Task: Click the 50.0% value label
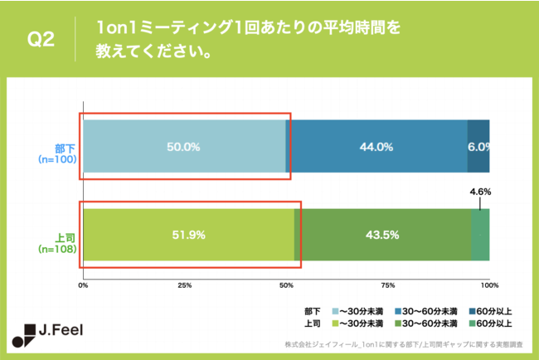point(183,147)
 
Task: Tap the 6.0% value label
point(478,147)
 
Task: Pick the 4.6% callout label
point(480,192)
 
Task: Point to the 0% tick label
point(83,285)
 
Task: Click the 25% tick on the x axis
point(185,285)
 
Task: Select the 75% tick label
point(387,285)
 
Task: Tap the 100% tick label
point(488,285)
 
